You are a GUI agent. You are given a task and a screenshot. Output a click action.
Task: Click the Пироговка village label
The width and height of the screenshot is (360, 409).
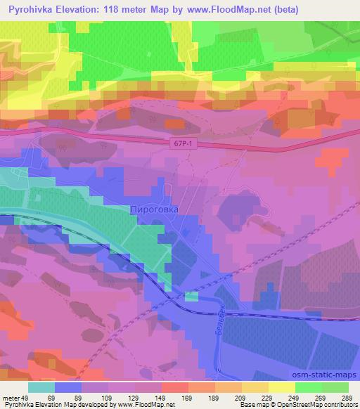click(x=155, y=209)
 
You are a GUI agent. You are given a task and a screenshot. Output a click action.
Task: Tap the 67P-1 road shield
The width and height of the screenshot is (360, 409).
click(x=180, y=143)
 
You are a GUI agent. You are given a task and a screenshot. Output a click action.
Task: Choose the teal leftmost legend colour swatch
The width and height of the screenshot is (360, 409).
click(x=41, y=387)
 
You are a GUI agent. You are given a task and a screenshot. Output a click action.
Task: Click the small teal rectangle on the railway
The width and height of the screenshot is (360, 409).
click(x=191, y=297)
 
